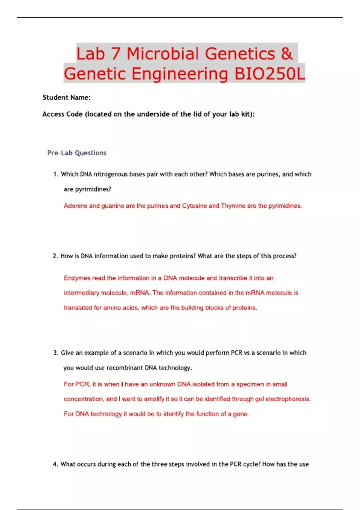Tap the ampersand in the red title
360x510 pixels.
point(286,54)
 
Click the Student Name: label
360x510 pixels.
point(67,97)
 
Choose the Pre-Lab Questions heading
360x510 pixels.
point(77,153)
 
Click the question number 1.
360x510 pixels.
point(55,174)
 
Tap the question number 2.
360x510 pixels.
point(55,256)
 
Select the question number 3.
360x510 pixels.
point(55,353)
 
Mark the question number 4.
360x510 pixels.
point(55,464)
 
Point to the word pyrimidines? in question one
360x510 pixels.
point(88,189)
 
